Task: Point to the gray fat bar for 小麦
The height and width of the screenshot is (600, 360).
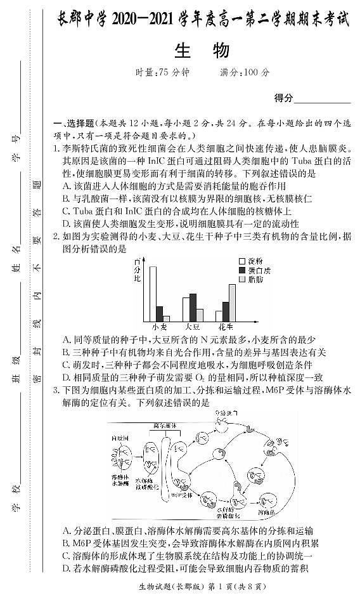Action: (x=167, y=319)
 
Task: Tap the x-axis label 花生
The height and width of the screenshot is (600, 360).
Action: (x=226, y=328)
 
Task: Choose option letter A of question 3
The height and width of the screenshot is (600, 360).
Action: (x=66, y=531)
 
